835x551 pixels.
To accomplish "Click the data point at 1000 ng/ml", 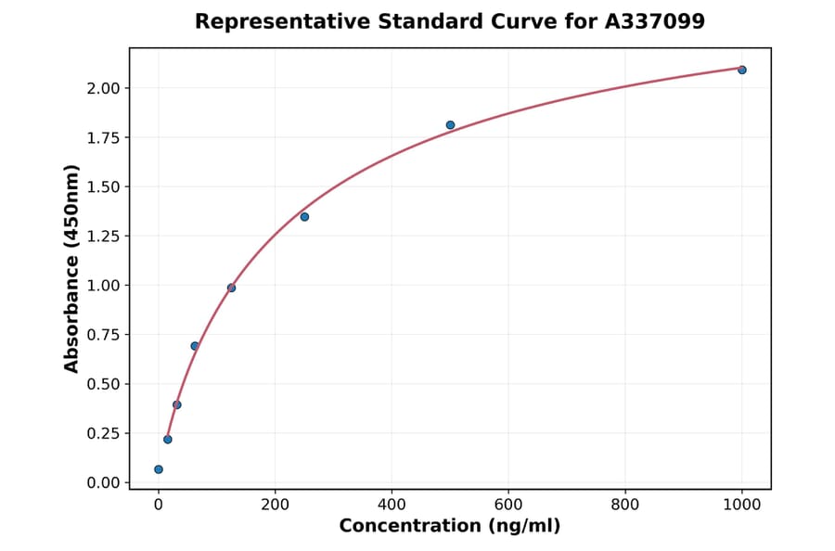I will coord(742,70).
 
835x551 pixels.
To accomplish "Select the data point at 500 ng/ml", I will coord(450,125).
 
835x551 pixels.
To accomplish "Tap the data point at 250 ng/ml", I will coord(304,217).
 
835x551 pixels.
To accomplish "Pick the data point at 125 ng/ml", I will coord(231,288).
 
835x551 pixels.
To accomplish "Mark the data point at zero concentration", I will coord(159,469).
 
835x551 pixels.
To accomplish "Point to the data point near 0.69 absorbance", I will coord(195,346).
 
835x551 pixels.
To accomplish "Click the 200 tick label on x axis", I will coord(275,505).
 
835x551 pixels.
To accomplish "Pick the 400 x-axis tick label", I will coord(392,505).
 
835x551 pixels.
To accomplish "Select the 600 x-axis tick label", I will coord(508,505).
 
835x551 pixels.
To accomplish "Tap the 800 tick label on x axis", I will coord(625,505).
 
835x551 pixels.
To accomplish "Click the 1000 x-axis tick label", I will coord(742,505).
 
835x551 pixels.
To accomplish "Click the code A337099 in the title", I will coord(656,21).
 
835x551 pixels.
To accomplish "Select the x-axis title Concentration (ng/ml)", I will coord(450,526).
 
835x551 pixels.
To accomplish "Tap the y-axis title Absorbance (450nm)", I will coord(72,268).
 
